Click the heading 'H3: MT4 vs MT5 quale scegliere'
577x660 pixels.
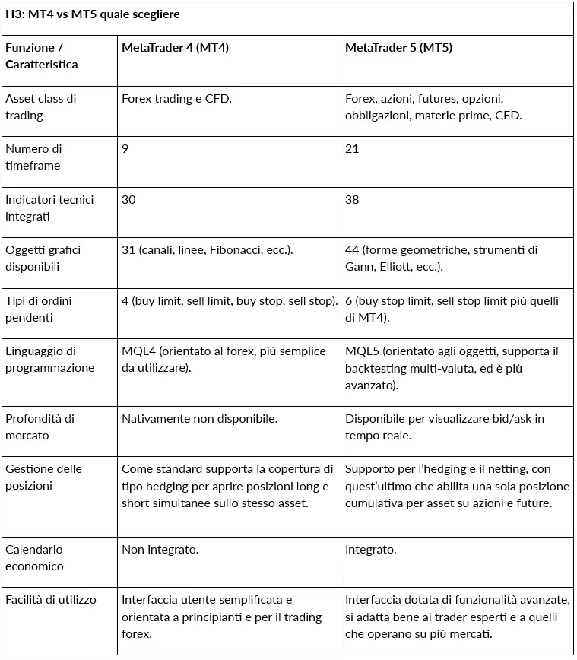[94, 15]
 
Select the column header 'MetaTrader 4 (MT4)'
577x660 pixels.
[175, 48]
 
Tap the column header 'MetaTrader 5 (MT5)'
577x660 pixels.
[398, 48]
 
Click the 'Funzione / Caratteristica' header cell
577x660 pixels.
[41, 56]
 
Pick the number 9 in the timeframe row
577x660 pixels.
[125, 149]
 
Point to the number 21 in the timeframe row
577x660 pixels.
[352, 149]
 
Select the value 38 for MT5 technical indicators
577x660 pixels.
[352, 199]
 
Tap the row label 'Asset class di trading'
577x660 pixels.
[41, 107]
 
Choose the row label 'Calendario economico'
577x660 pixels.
[34, 557]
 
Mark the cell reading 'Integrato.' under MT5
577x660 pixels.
[371, 549]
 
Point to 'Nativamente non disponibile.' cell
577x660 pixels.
[199, 418]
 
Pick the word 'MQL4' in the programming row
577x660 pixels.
[138, 351]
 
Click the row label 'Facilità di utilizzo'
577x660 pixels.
[51, 599]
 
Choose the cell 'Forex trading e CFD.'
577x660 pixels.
[176, 99]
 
